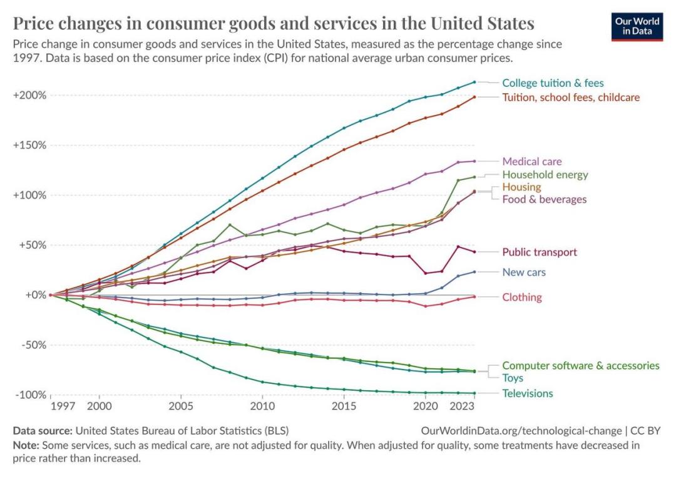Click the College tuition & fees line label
pyautogui.click(x=553, y=83)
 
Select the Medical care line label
pyautogui.click(x=532, y=161)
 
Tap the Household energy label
pyautogui.click(x=545, y=175)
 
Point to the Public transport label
pyautogui.click(x=540, y=253)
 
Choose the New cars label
pyautogui.click(x=524, y=273)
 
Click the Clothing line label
pyautogui.click(x=522, y=298)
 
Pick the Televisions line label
pyautogui.click(x=528, y=393)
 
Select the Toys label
pyautogui.click(x=513, y=378)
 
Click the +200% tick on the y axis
pyautogui.click(x=29, y=95)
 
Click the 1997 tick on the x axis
pyautogui.click(x=64, y=406)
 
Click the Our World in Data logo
pyautogui.click(x=637, y=26)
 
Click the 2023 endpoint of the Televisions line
pyautogui.click(x=474, y=393)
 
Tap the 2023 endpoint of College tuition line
pyautogui.click(x=474, y=82)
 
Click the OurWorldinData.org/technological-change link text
pyautogui.click(x=523, y=431)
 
